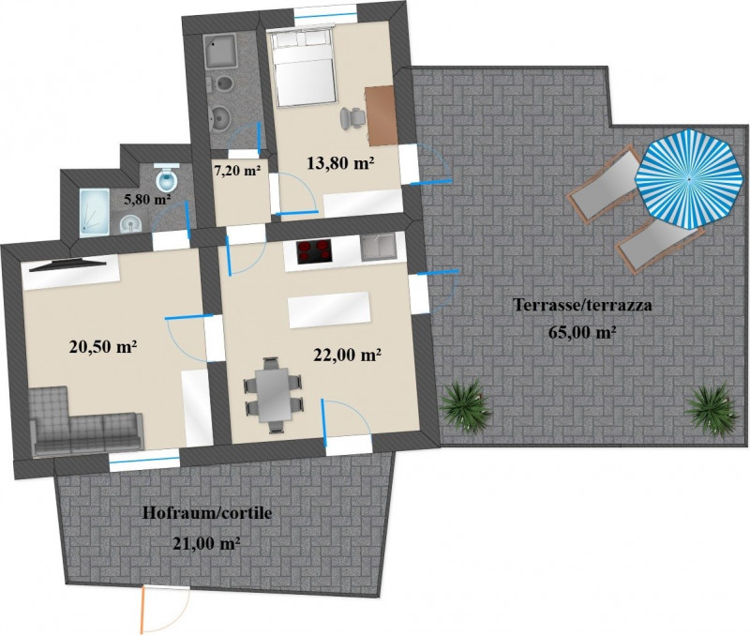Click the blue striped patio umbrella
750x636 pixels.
click(689, 179)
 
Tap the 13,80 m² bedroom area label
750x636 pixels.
click(340, 163)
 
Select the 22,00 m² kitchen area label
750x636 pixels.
click(347, 355)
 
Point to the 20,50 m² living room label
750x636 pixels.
click(103, 346)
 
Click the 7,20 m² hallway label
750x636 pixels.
click(237, 170)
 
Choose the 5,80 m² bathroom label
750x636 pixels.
click(148, 199)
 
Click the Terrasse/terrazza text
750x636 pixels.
click(582, 304)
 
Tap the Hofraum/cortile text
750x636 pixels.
click(207, 513)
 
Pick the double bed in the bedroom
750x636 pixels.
click(302, 67)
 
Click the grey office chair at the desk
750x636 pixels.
click(352, 118)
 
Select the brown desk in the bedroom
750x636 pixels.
click(382, 115)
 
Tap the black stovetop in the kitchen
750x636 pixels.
click(315, 251)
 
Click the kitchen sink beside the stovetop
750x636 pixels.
click(378, 248)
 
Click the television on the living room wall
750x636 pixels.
click(67, 265)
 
